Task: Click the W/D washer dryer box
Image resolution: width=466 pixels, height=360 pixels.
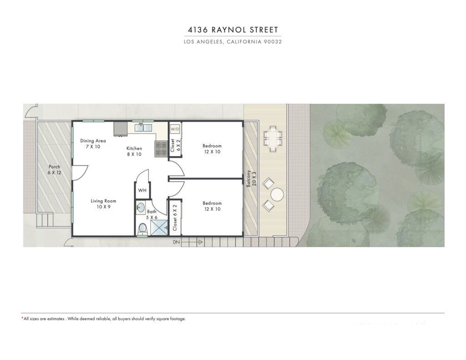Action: point(175,129)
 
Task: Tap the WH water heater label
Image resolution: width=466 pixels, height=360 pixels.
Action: point(142,190)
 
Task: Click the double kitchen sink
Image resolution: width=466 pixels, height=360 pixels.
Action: point(143,128)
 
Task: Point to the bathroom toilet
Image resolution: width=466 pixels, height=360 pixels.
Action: point(143,229)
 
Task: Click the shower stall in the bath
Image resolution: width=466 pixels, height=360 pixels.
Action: point(159,228)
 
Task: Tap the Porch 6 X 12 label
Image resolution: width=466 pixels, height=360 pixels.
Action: point(55,169)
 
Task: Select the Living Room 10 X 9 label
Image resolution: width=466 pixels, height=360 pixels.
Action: point(103,203)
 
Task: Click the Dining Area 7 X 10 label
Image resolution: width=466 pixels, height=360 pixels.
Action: point(93,143)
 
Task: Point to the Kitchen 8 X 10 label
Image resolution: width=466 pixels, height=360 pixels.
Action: point(134,151)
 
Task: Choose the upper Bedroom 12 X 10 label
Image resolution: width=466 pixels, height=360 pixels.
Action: point(212,149)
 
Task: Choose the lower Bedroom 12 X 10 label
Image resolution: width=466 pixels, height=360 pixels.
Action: point(212,206)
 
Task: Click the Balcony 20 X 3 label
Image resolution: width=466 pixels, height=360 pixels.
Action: point(251,178)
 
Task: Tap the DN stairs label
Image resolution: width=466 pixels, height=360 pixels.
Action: point(177,242)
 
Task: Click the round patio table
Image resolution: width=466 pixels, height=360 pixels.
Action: point(277,195)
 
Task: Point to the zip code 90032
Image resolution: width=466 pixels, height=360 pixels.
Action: point(273,42)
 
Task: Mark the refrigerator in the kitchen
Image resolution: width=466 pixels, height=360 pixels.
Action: point(120,129)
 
